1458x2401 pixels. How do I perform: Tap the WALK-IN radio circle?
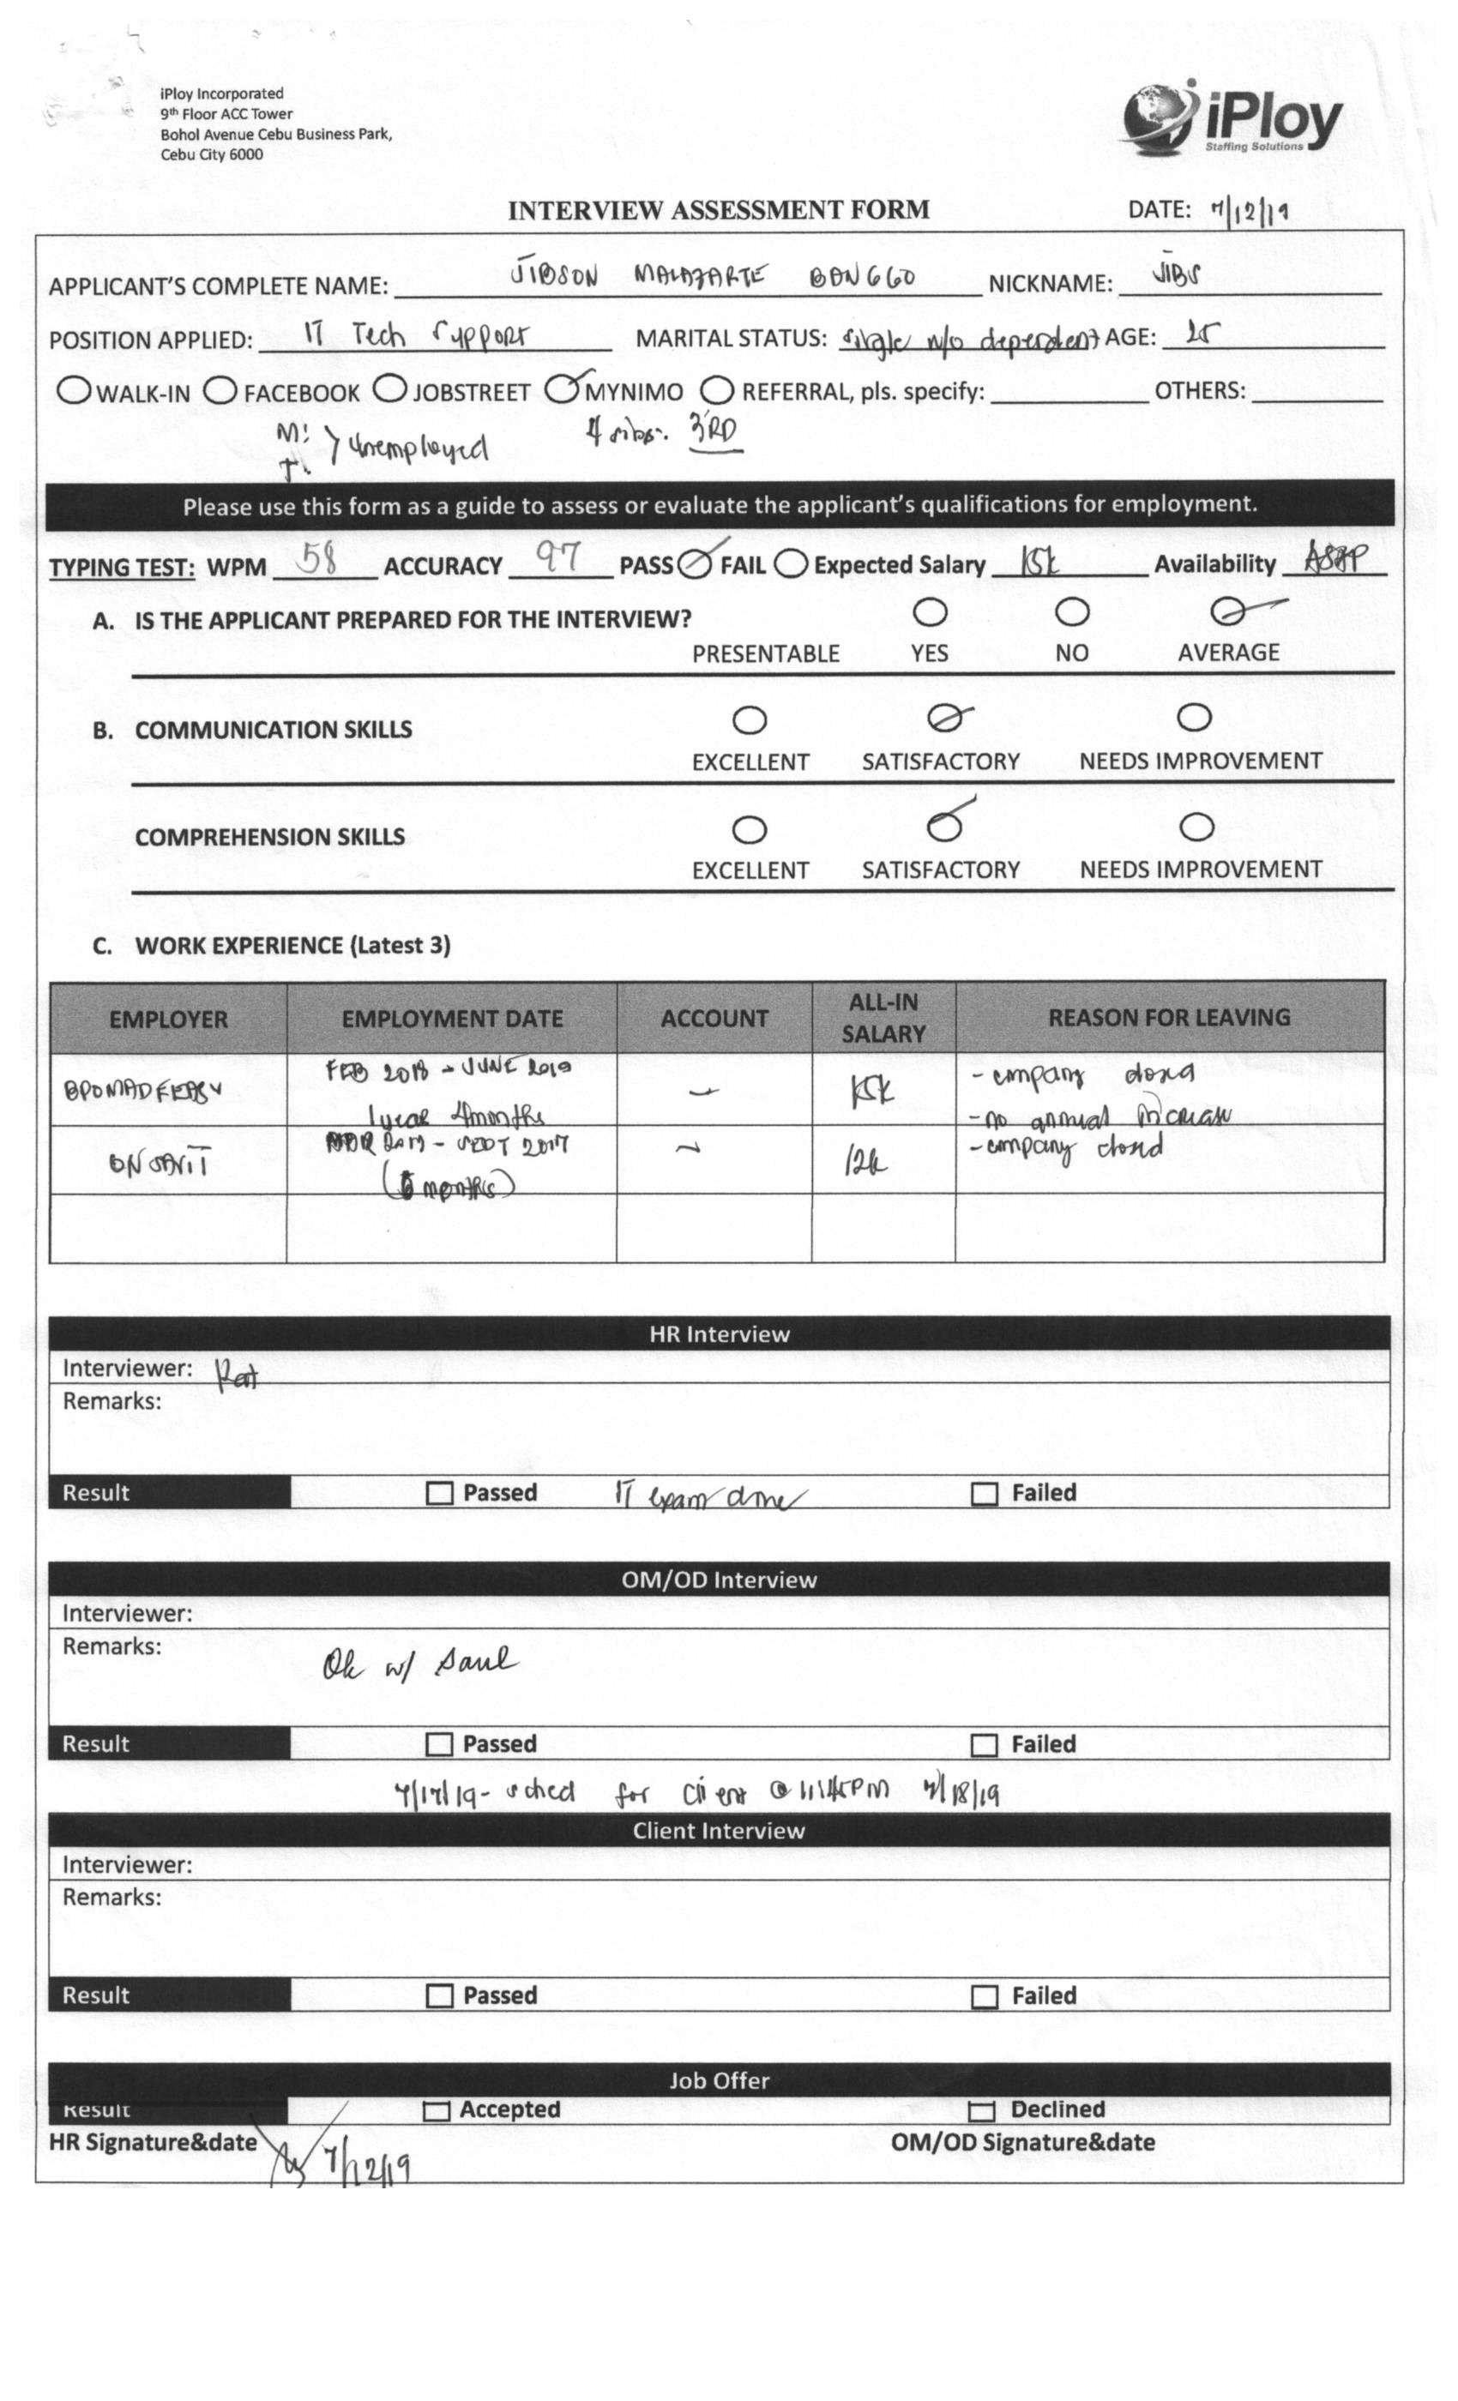point(74,391)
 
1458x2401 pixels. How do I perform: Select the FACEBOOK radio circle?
point(220,391)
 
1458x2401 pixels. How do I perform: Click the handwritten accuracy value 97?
point(558,557)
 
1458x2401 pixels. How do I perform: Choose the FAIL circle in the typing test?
point(791,563)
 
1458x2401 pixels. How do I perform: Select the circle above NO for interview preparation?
point(1072,613)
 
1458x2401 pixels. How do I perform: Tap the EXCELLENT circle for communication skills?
point(749,721)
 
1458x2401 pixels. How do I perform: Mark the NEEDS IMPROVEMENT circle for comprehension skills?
point(1196,827)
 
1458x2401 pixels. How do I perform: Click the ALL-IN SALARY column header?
point(883,1017)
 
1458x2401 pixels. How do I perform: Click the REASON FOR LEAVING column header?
point(1168,1017)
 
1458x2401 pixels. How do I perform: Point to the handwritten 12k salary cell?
point(865,1162)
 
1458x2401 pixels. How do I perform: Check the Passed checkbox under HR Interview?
point(439,1494)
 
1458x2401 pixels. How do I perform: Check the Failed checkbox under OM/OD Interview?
point(985,1745)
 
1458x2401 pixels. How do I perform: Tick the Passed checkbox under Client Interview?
point(439,1996)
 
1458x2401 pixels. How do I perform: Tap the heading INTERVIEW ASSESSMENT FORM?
point(719,210)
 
